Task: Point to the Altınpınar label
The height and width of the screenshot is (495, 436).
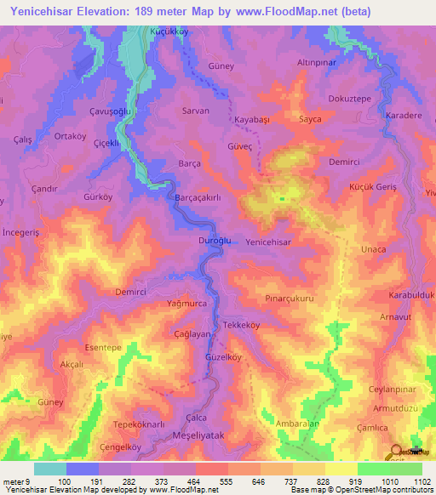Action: (x=318, y=64)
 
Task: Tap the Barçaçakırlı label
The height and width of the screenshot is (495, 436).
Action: (x=198, y=196)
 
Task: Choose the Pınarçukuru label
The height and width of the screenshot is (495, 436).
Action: (x=290, y=299)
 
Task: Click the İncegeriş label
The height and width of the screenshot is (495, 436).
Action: (x=22, y=232)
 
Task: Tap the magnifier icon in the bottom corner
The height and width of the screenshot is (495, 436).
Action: (x=397, y=452)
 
